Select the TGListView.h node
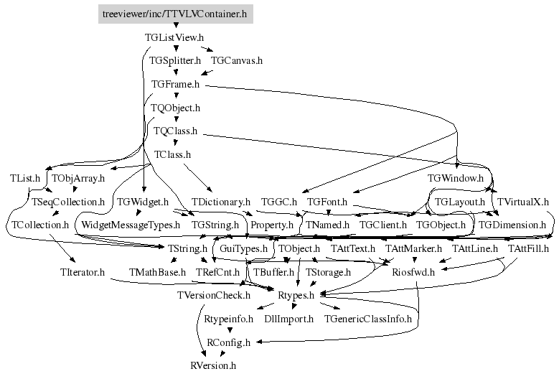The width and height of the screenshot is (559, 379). tap(175, 36)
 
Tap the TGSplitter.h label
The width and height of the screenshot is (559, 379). tap(175, 60)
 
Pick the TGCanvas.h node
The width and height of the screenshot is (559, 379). tap(237, 60)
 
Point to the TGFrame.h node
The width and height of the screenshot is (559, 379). tap(175, 84)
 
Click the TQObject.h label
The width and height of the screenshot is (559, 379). tap(175, 108)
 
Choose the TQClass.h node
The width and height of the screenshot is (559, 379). tap(175, 131)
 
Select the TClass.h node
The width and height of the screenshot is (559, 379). tap(172, 154)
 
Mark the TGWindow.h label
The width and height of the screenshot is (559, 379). tap(456, 177)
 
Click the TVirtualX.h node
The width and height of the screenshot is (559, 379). tap(523, 202)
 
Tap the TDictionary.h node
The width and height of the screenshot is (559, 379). tap(221, 202)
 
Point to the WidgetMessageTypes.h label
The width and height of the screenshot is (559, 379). tap(130, 225)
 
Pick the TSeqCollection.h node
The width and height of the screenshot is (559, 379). tap(68, 202)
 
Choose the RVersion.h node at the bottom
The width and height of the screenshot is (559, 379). tap(213, 366)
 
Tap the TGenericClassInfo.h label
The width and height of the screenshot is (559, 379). tap(368, 319)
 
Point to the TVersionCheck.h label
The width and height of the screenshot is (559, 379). tap(213, 294)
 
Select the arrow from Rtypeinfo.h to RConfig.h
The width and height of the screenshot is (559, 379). tap(229, 330)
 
